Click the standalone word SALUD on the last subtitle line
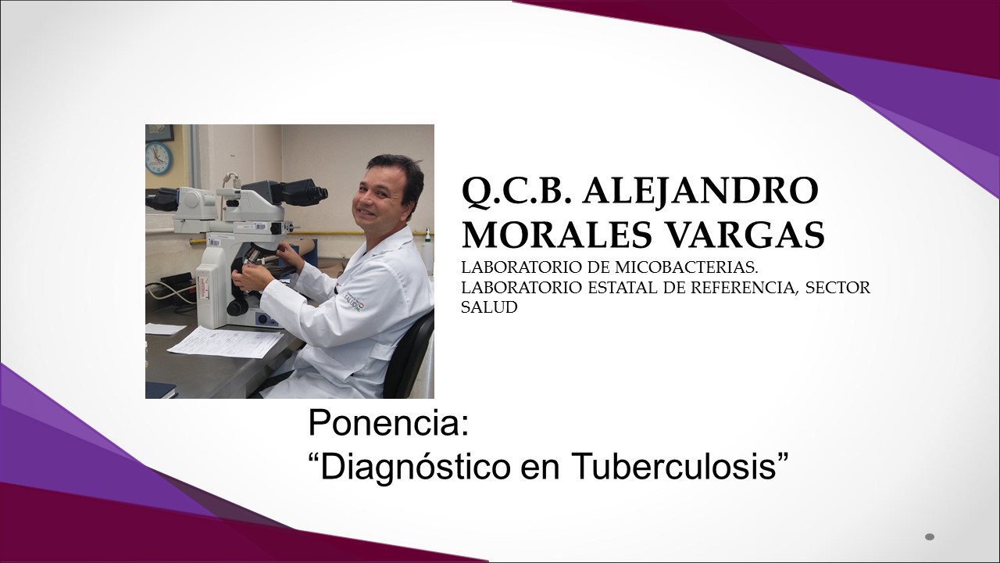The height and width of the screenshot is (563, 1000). click(x=489, y=307)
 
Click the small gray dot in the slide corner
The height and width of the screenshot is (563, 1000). click(x=930, y=536)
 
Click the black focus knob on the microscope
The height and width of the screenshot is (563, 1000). click(x=236, y=308)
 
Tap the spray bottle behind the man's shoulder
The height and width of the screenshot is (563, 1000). click(x=428, y=251)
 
